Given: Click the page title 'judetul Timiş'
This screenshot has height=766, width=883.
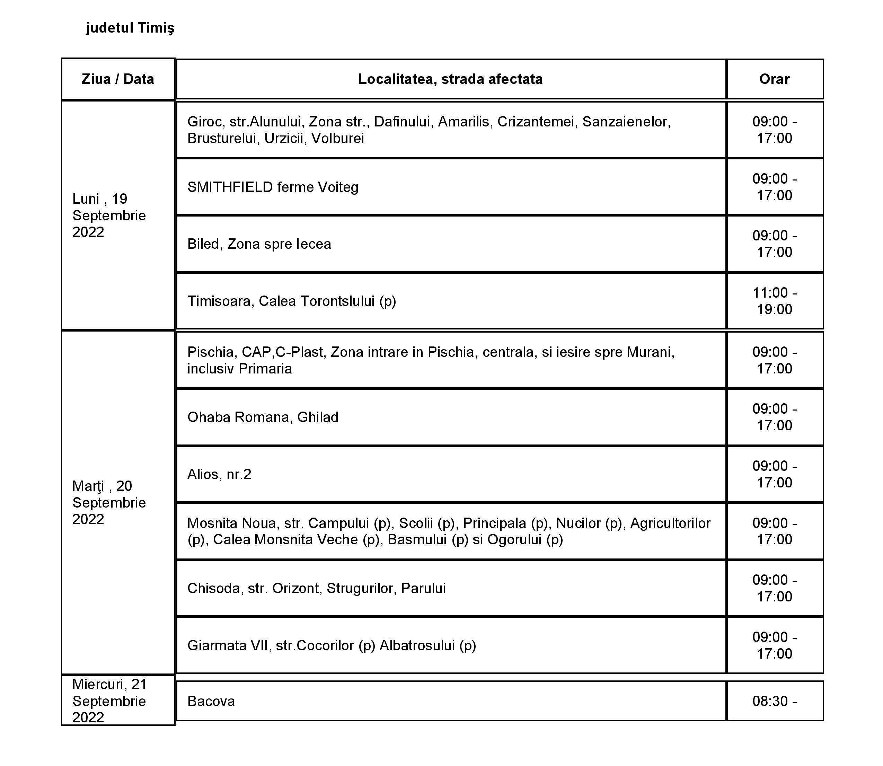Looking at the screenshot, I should [x=130, y=28].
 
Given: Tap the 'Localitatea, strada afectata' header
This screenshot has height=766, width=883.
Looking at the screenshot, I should [x=450, y=79].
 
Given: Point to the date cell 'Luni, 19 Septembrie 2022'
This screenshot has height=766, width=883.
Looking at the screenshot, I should [x=109, y=215].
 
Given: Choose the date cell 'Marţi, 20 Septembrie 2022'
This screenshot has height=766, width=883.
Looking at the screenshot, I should [x=109, y=502].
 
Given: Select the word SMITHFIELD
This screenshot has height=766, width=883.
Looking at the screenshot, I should [x=230, y=187].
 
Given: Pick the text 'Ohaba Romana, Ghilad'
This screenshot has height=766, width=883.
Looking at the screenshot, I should [x=263, y=417].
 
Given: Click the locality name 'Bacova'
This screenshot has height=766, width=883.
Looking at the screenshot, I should [x=211, y=702].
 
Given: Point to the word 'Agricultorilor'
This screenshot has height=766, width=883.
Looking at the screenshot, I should [x=670, y=523].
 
